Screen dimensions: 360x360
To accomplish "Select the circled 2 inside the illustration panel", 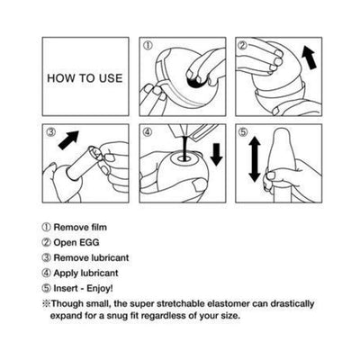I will click(x=241, y=44).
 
